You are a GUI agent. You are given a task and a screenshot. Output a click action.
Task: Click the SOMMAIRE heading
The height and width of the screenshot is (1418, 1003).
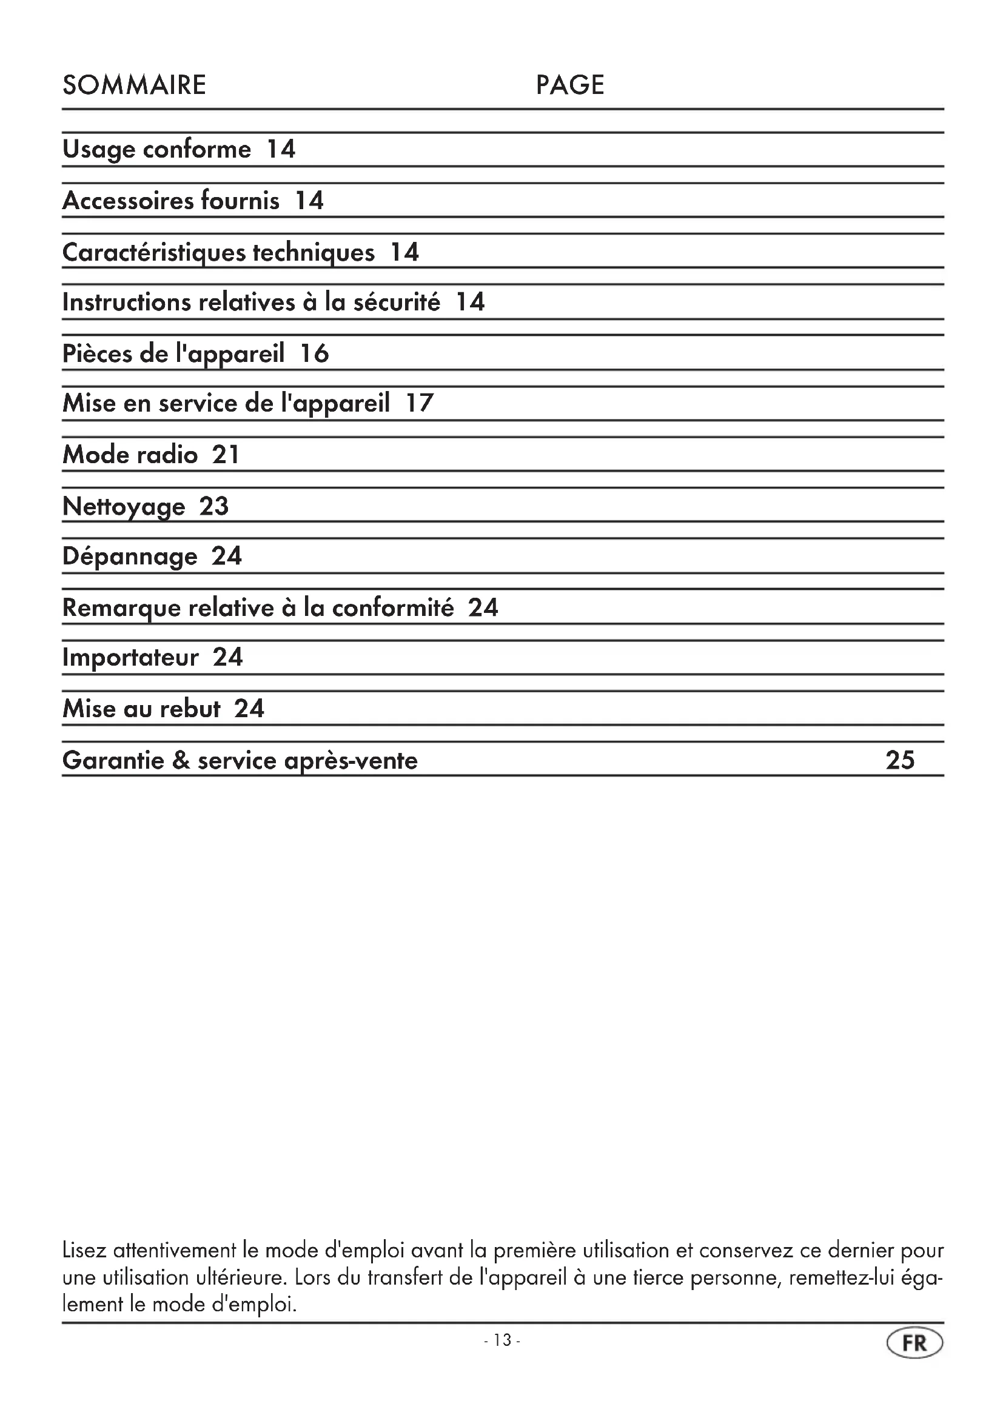(x=134, y=85)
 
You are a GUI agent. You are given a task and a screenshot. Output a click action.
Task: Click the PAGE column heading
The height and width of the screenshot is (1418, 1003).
(x=569, y=85)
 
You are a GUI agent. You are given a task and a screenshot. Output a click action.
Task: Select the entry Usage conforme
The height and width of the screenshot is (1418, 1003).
(x=157, y=150)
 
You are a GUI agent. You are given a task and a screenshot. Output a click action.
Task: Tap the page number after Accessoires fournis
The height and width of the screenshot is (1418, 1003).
(x=309, y=201)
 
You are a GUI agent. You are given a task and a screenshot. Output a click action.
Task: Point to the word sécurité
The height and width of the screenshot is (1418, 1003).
(x=397, y=303)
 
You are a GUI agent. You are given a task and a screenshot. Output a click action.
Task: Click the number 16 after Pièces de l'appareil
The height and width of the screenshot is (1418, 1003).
(x=314, y=354)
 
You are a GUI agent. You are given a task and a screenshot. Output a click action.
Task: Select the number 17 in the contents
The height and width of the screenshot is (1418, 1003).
(x=420, y=404)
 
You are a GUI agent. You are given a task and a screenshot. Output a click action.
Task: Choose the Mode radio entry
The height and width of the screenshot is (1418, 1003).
(x=130, y=455)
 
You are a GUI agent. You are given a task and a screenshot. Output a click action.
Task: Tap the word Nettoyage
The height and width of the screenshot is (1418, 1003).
(x=124, y=507)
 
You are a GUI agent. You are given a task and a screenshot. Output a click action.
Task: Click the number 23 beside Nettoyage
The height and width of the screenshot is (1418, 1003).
(x=213, y=507)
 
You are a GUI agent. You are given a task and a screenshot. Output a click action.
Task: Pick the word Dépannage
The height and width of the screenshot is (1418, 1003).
(x=130, y=557)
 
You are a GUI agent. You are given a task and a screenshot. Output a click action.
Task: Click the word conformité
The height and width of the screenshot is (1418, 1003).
(x=393, y=608)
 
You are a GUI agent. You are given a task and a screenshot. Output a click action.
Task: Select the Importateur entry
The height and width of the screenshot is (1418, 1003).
(x=130, y=658)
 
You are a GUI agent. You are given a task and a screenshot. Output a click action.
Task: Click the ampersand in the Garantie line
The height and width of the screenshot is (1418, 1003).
(x=180, y=760)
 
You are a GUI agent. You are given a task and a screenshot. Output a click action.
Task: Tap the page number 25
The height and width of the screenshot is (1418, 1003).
(x=900, y=760)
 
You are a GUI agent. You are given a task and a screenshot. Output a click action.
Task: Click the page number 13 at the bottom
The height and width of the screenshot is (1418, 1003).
(x=503, y=1341)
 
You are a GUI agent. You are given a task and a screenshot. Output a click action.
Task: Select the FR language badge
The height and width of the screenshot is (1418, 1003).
(x=914, y=1343)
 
